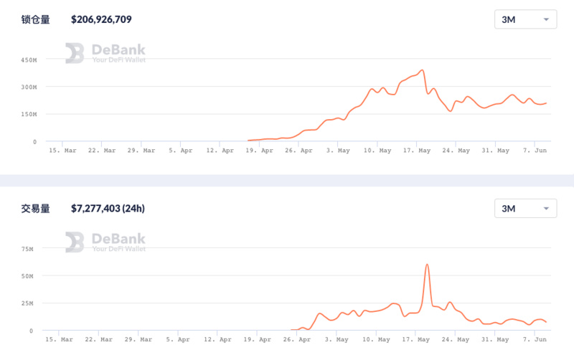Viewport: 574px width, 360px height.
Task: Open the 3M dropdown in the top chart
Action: point(526,19)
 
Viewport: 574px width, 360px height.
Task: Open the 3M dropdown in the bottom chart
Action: point(526,209)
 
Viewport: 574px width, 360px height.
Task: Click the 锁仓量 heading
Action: point(36,20)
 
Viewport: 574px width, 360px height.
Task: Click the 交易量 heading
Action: point(36,209)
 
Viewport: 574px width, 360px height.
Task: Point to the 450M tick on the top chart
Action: point(29,60)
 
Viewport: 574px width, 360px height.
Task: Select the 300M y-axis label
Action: point(29,87)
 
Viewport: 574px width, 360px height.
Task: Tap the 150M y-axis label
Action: point(29,114)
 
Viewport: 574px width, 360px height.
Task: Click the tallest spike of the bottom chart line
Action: point(428,265)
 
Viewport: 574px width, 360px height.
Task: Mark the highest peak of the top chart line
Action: point(423,70)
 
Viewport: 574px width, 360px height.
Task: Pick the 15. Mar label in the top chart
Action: point(62,151)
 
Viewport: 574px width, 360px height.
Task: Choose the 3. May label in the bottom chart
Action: point(337,339)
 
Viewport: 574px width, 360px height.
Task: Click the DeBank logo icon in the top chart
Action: point(75,53)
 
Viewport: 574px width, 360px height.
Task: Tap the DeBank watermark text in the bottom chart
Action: point(118,239)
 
